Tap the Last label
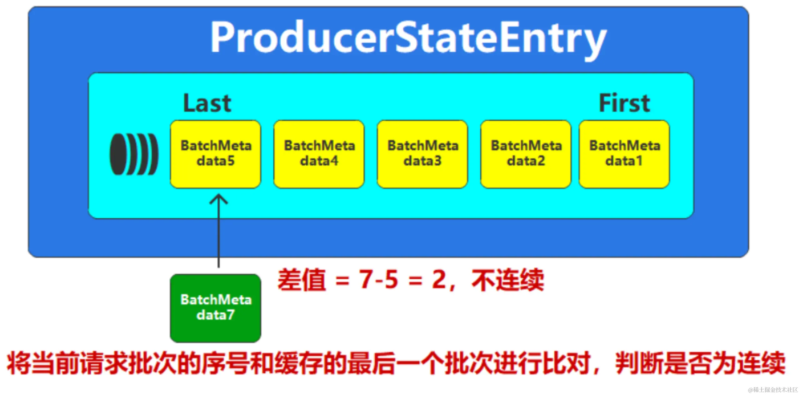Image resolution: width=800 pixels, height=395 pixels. [x=207, y=103]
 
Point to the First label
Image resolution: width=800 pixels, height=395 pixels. [x=624, y=103]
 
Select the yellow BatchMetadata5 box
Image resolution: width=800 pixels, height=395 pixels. [x=216, y=154]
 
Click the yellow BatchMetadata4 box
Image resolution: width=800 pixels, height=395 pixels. [x=319, y=154]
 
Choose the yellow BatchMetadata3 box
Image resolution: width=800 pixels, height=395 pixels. [x=422, y=154]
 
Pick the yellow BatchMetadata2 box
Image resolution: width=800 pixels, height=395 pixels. [x=526, y=154]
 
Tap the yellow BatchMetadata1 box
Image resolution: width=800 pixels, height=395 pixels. [x=624, y=154]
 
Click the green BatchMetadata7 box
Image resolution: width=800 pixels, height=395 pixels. [x=216, y=308]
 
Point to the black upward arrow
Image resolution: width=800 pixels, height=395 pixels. [x=218, y=231]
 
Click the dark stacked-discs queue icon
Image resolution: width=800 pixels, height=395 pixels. [x=134, y=154]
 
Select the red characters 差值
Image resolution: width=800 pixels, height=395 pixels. [x=302, y=280]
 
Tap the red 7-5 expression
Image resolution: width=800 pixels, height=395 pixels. [x=378, y=279]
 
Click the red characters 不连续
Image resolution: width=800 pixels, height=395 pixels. [x=508, y=280]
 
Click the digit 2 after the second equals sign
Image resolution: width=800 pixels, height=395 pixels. [x=439, y=279]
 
